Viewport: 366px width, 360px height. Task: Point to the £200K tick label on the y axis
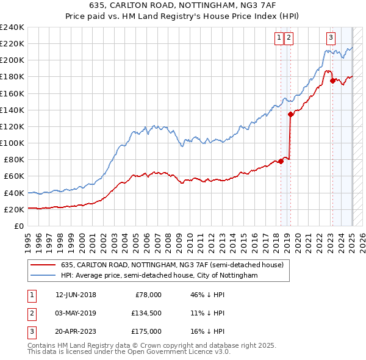pyautogui.click(x=12, y=60)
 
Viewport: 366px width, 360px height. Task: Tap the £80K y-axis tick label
pyautogui.click(x=14, y=160)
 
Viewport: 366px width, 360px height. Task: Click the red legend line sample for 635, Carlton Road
pyautogui.click(x=42, y=265)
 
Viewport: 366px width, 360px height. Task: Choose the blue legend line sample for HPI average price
pyautogui.click(x=42, y=276)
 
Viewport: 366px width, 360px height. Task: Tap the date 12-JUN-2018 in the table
pyautogui.click(x=76, y=295)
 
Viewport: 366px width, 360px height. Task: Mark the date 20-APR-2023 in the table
pyautogui.click(x=76, y=332)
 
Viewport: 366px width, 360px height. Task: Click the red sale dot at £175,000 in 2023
pyautogui.click(x=332, y=81)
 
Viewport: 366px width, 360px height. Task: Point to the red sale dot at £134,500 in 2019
pyautogui.click(x=291, y=114)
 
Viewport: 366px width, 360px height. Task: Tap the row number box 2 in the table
pyautogui.click(x=30, y=314)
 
